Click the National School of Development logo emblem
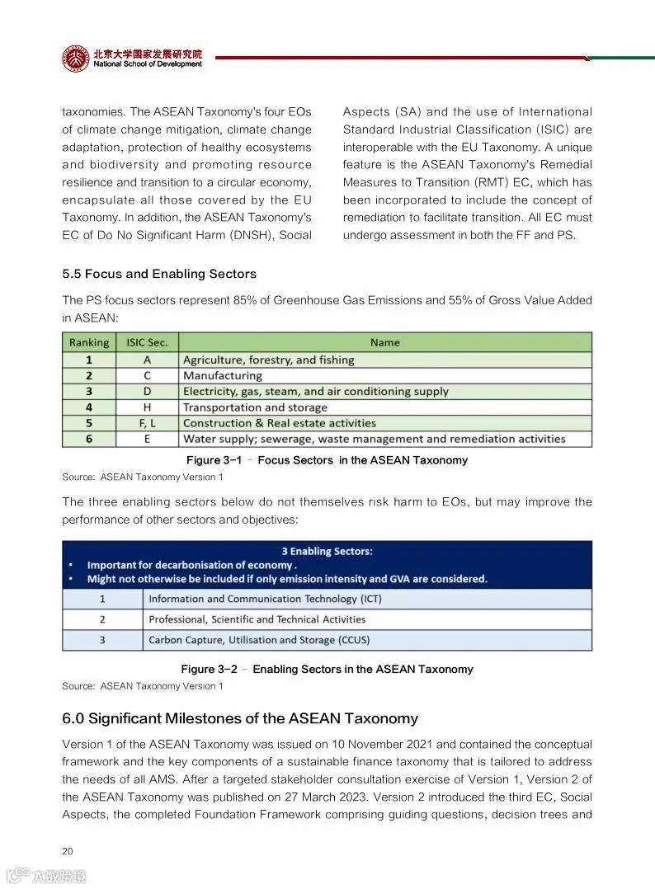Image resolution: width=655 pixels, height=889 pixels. point(76,59)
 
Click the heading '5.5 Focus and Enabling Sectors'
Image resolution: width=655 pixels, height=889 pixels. point(159,274)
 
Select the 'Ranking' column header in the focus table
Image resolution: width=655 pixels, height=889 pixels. point(89,342)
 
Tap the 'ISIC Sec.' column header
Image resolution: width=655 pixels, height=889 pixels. point(147,342)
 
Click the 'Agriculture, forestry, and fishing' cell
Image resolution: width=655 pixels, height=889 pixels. point(268,360)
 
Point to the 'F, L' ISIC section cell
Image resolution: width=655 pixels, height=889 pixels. point(147,423)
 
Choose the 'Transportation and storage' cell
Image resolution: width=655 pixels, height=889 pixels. point(255,407)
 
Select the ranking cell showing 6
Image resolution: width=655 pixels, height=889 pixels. point(89,439)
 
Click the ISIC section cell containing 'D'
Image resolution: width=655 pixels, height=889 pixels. point(147,392)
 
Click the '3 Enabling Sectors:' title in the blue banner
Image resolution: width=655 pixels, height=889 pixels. point(327,551)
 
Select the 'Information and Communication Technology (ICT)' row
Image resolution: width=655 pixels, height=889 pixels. point(265,599)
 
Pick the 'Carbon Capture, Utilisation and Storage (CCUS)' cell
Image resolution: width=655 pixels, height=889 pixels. point(259,640)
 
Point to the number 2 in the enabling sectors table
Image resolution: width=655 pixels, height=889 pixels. point(102,619)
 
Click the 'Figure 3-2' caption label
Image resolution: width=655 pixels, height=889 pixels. point(209,669)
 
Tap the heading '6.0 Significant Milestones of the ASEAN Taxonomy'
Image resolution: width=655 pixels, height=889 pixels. point(240,718)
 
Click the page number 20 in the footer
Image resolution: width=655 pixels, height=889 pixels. point(68,852)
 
